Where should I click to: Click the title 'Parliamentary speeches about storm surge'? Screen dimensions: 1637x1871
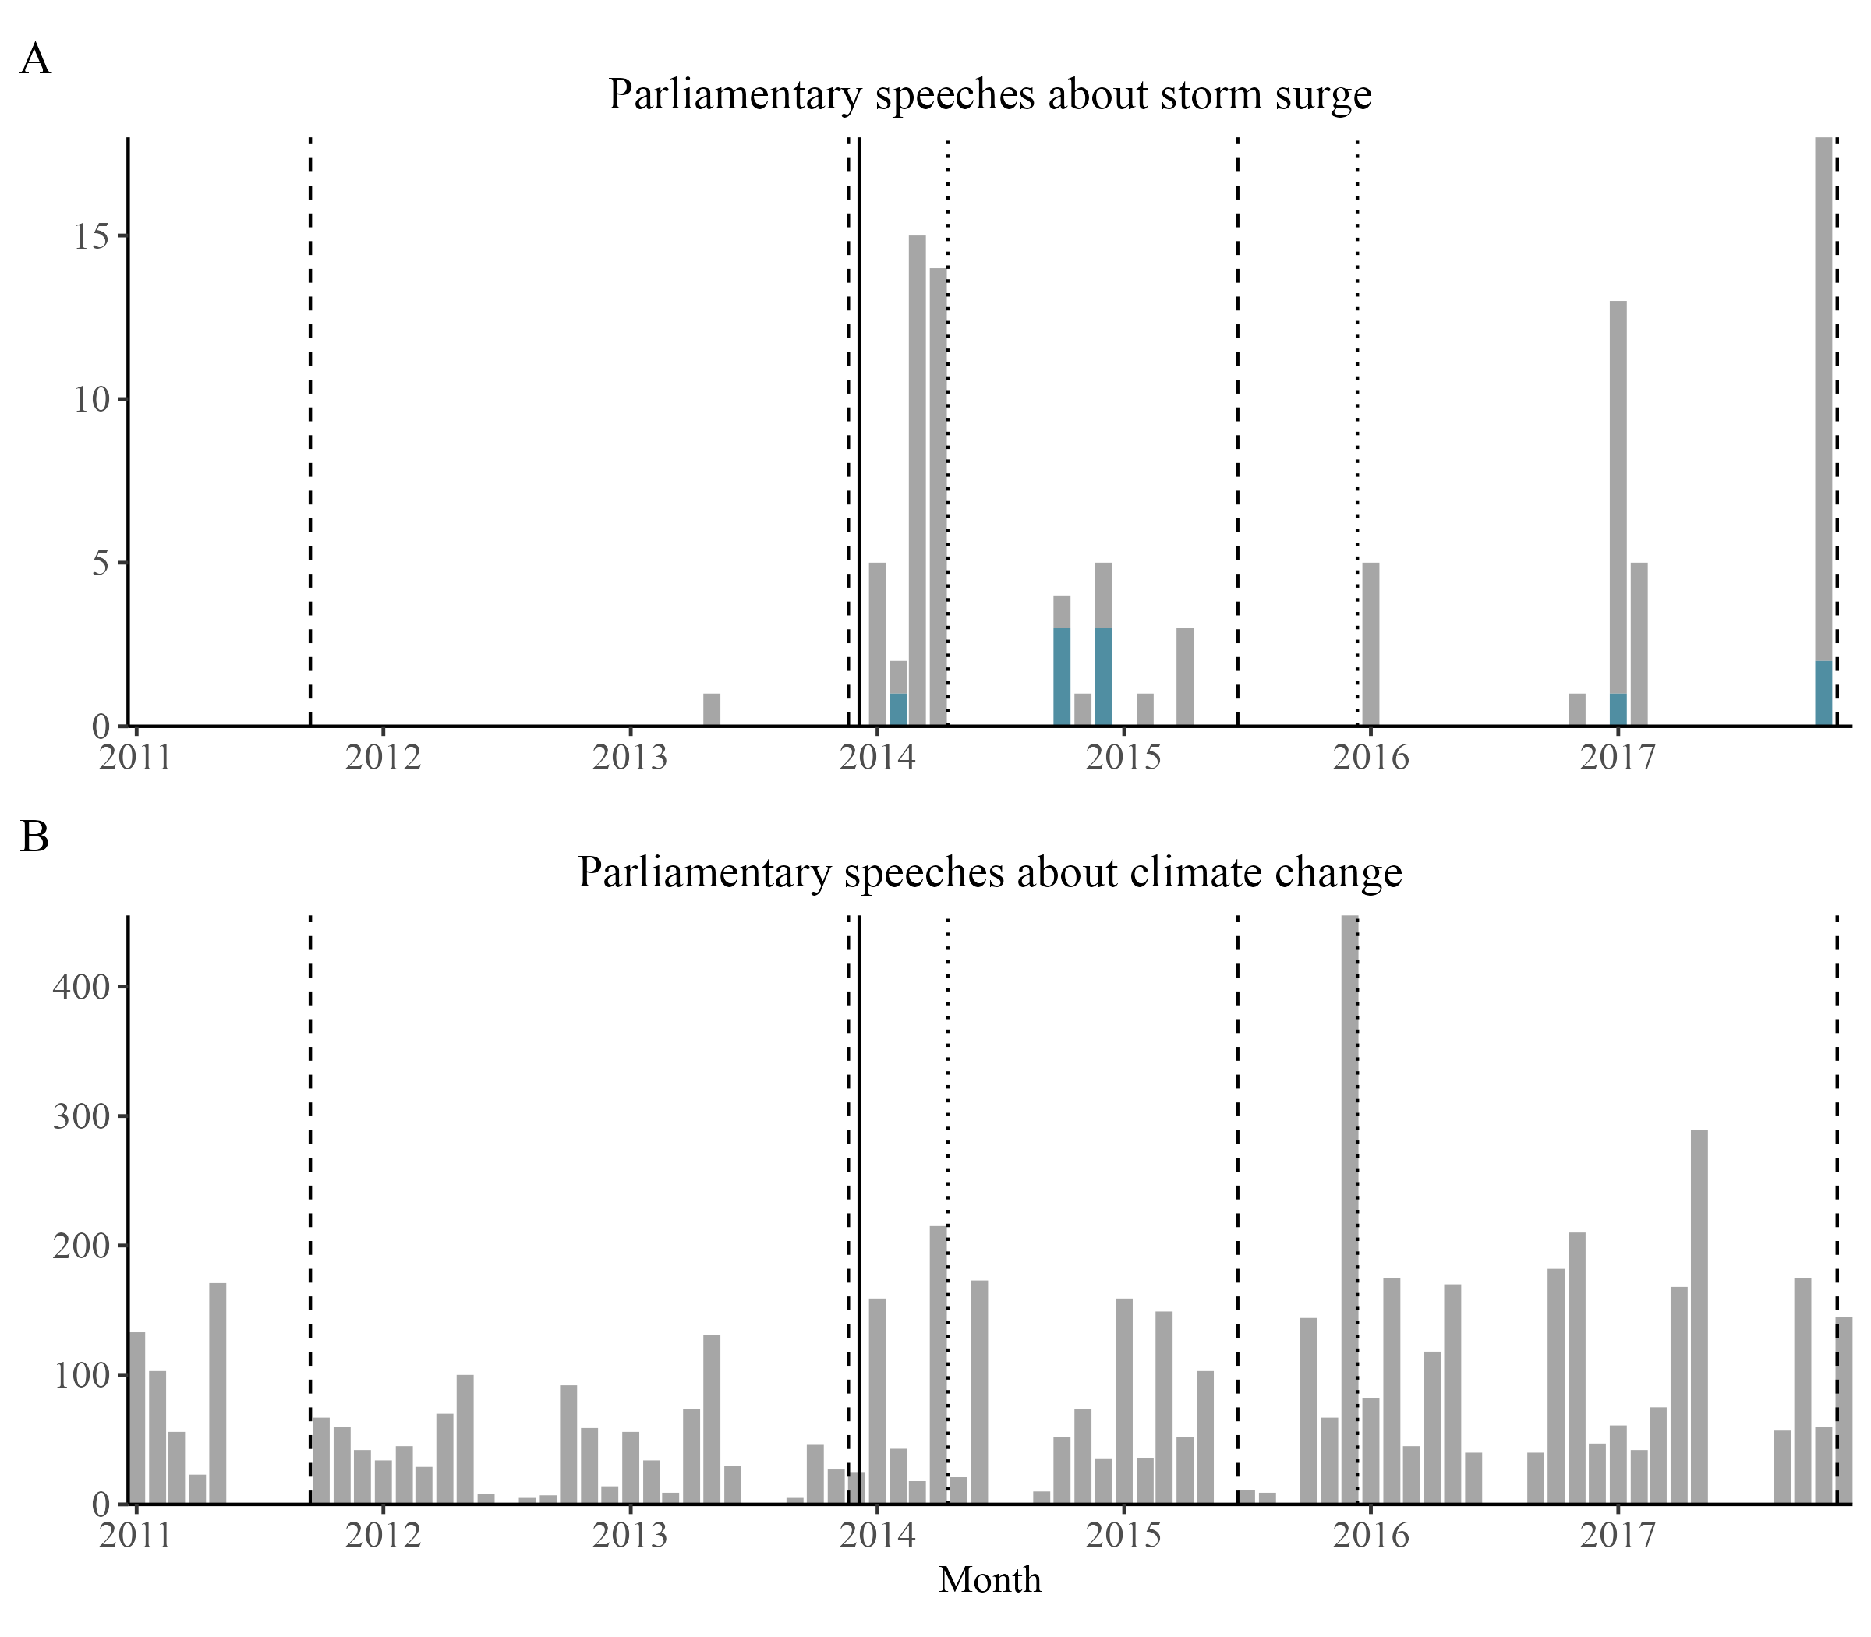(989, 95)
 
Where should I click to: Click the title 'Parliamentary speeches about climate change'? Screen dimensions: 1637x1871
(989, 872)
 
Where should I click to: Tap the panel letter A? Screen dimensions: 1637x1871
(36, 59)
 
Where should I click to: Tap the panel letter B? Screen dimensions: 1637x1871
(35, 836)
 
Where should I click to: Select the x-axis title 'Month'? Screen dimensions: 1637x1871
(989, 1579)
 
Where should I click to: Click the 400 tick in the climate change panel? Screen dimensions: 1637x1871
(81, 988)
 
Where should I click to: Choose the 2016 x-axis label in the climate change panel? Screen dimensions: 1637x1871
(1371, 1536)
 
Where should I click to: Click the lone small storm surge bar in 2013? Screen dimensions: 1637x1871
(712, 710)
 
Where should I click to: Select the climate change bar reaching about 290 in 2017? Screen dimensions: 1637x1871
(1699, 1317)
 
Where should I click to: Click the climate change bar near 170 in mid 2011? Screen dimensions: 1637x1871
(218, 1393)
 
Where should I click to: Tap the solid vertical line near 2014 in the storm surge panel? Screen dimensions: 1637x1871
(860, 430)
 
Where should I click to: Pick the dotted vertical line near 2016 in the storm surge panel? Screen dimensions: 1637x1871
(1357, 430)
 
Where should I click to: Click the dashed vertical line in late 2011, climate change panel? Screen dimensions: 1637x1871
(310, 1206)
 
